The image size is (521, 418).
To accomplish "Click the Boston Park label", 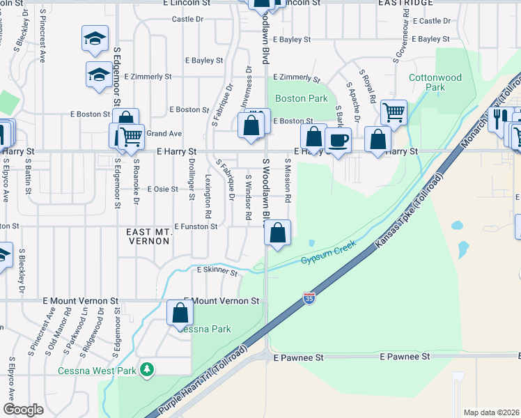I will click(301, 98).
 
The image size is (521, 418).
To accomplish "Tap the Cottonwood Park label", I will click(435, 82).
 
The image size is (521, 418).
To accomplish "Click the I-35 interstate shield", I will click(309, 299).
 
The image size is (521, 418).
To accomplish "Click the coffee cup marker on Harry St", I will click(339, 141).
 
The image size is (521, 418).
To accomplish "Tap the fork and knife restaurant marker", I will click(499, 118).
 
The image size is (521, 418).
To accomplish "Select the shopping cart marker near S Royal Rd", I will click(394, 111).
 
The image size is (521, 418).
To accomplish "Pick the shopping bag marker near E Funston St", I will click(278, 233).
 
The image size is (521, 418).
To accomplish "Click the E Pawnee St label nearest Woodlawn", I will click(299, 357).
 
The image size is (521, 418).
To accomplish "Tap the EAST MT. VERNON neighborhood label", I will click(148, 235).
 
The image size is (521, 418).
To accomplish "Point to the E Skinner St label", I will click(217, 270).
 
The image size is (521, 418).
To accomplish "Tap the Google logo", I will click(23, 409).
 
